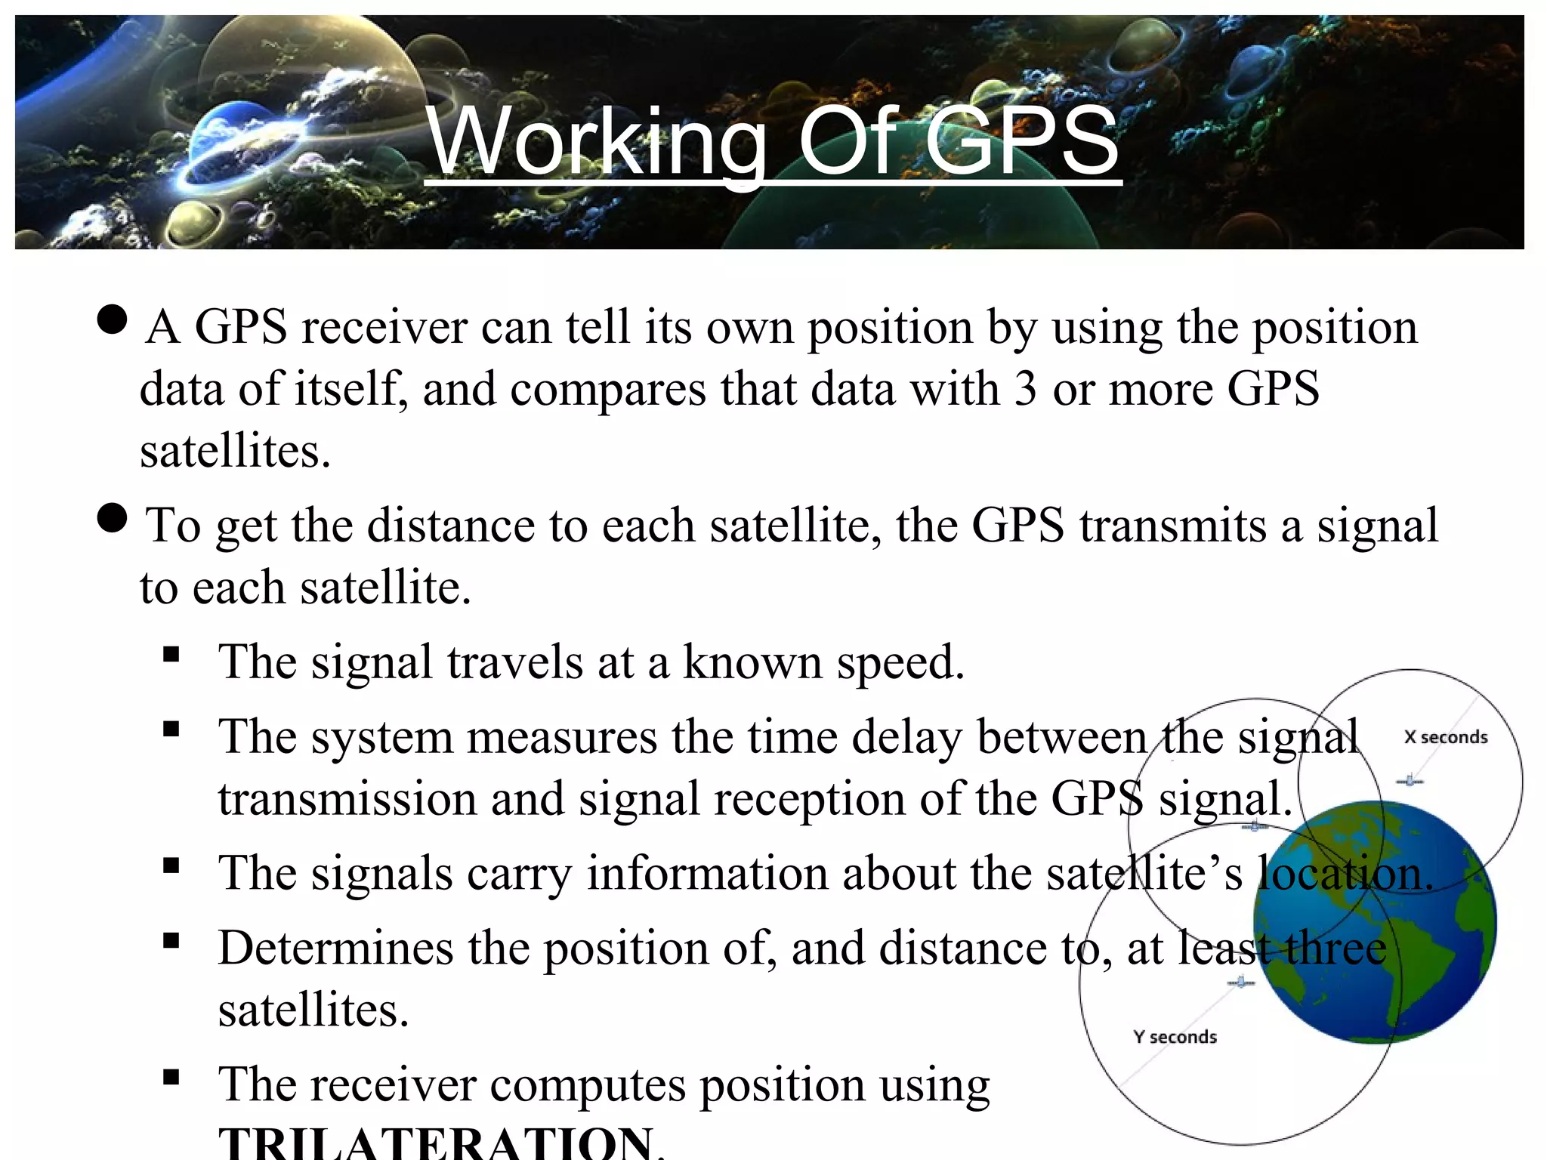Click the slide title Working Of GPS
pyautogui.click(x=773, y=141)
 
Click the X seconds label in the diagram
pyautogui.click(x=1445, y=737)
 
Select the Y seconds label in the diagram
pyautogui.click(x=1175, y=1037)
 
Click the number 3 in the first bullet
pyautogui.click(x=1025, y=389)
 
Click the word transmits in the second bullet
pyautogui.click(x=1172, y=526)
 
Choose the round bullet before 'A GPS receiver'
pyautogui.click(x=113, y=319)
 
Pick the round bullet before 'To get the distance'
pyautogui.click(x=113, y=518)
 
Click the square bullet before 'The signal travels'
pyautogui.click(x=171, y=654)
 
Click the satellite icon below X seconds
pyautogui.click(x=1410, y=781)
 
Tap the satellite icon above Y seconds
pyautogui.click(x=1240, y=983)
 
